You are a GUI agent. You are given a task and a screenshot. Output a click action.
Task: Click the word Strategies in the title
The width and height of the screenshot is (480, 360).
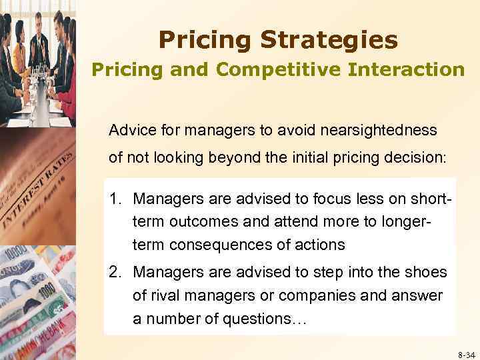tap(329, 41)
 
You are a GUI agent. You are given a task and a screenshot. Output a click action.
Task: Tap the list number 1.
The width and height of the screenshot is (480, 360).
tap(116, 198)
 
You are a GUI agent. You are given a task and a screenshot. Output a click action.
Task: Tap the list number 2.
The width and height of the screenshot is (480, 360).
tap(116, 273)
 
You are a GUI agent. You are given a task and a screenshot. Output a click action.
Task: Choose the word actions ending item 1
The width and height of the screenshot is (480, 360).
tap(322, 245)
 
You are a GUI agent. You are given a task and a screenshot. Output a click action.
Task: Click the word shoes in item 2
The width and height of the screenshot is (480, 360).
tap(429, 273)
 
